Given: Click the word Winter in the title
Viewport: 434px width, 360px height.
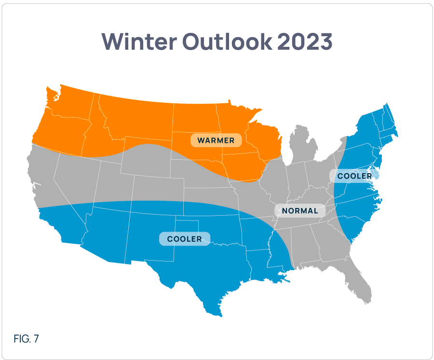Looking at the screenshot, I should click(x=139, y=42).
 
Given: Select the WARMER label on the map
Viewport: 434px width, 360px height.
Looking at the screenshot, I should click(x=216, y=140).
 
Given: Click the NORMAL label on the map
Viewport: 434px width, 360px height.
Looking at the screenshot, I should click(x=300, y=210).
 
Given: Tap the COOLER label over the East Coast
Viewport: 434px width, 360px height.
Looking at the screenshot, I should click(x=354, y=176).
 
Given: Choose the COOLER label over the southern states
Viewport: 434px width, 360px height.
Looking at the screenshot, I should click(x=185, y=239).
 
